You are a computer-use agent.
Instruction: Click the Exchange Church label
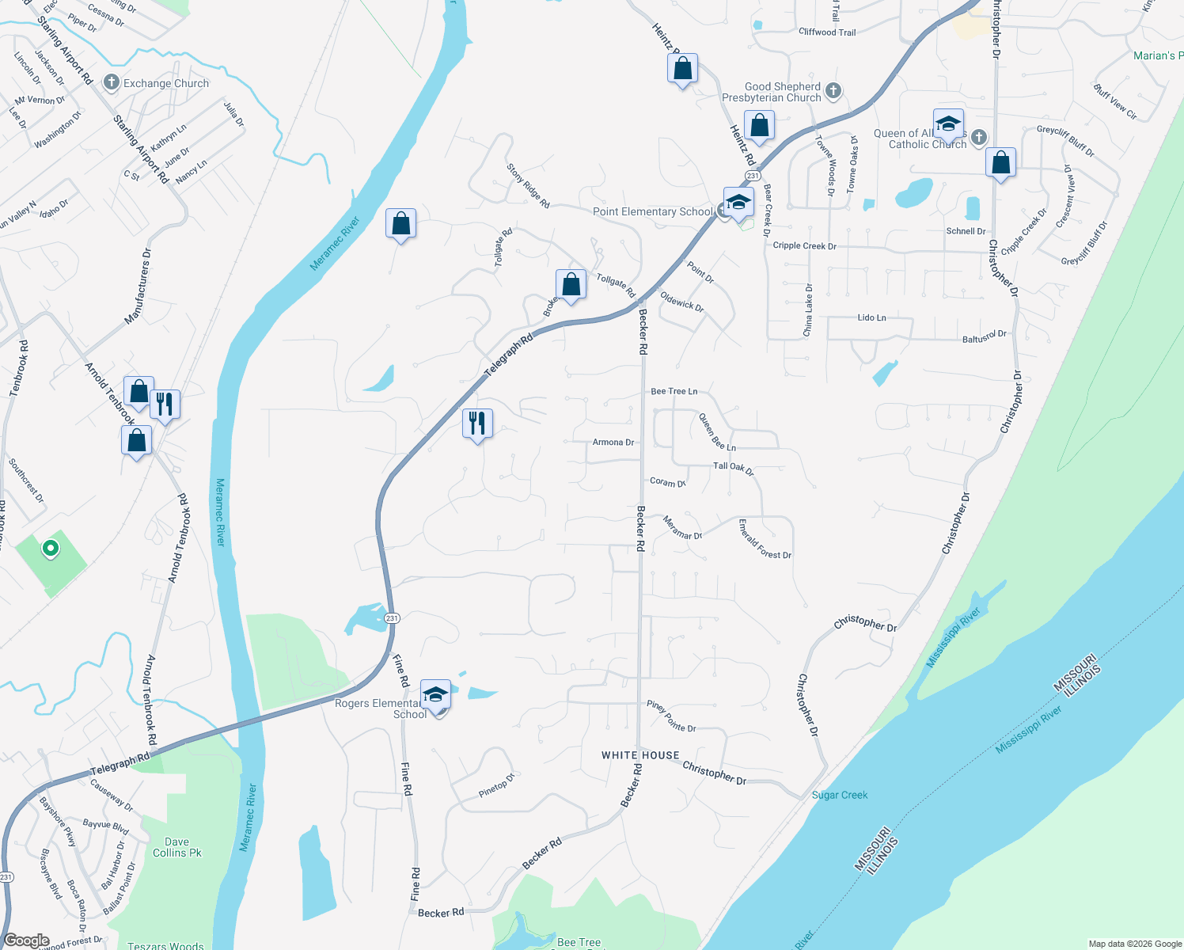(165, 83)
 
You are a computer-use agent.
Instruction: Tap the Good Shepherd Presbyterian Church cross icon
(833, 91)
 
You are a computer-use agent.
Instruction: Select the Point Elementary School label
(653, 212)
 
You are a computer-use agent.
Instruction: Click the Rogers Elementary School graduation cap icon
(435, 694)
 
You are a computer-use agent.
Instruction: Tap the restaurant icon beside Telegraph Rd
(477, 423)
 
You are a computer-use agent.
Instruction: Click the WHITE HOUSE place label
(640, 755)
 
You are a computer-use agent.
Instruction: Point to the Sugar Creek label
(840, 795)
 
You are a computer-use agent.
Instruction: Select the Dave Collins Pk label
(177, 847)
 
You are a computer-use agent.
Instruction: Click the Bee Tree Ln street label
(674, 391)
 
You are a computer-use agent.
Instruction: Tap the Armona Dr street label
(613, 443)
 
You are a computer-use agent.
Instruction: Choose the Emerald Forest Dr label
(765, 540)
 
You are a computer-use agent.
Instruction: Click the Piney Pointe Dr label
(671, 716)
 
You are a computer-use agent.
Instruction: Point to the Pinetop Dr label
(497, 786)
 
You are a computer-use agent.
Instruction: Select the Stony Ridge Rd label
(528, 186)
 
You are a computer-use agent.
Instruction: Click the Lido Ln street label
(871, 317)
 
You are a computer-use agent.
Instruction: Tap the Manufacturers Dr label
(138, 287)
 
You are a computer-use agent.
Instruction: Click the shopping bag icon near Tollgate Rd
(571, 283)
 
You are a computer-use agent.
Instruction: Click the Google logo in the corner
(26, 940)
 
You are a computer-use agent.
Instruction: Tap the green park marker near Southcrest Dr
(51, 548)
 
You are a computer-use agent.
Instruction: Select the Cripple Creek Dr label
(804, 246)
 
